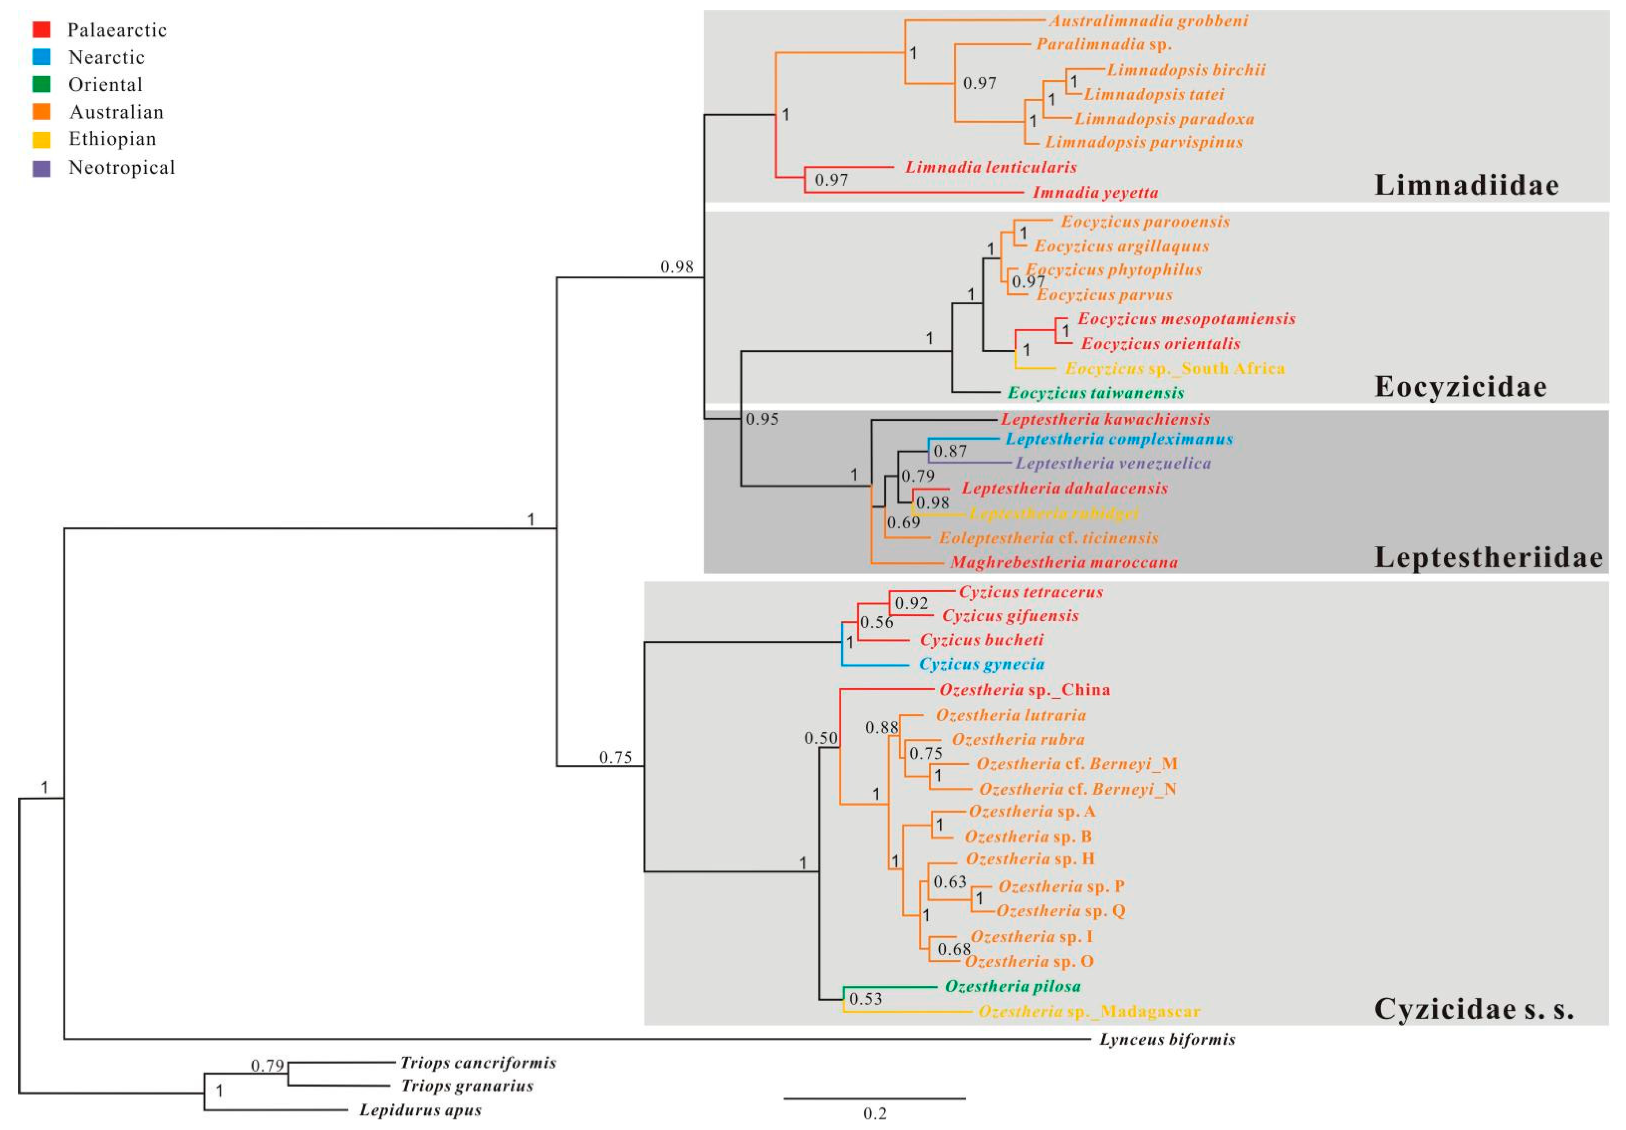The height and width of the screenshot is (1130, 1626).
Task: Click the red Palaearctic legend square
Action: tap(41, 30)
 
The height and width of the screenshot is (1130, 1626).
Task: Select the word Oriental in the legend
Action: tap(105, 85)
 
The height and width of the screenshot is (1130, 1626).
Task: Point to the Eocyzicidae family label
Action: tap(1460, 387)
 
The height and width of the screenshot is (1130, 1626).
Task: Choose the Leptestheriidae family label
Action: tap(1489, 558)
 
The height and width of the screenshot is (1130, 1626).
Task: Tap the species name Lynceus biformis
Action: tap(1167, 1040)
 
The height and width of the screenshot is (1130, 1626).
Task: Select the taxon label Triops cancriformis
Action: tap(478, 1063)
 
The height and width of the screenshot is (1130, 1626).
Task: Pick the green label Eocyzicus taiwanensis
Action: tap(1096, 392)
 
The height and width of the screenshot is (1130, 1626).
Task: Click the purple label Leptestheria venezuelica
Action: tap(1112, 463)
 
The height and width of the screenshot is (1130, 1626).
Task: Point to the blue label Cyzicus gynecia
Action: tap(981, 664)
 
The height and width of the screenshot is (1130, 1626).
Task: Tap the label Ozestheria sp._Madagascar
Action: tap(1088, 1011)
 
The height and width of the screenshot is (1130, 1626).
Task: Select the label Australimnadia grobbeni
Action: tap(1148, 20)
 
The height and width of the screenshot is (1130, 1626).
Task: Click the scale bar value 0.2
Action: tap(874, 1113)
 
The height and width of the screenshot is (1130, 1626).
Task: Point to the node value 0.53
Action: tap(865, 999)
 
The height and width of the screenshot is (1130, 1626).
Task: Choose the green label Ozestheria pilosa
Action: tap(1013, 986)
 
